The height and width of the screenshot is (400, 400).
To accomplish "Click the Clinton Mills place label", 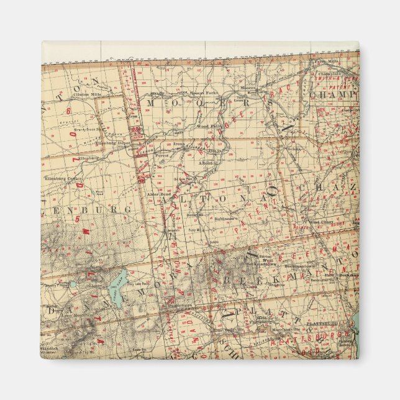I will pyautogui.click(x=86, y=94).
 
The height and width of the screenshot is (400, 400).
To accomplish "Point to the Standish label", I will pyautogui.click(x=50, y=348).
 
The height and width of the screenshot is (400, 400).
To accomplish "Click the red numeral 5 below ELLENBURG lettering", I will pyautogui.click(x=76, y=219).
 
